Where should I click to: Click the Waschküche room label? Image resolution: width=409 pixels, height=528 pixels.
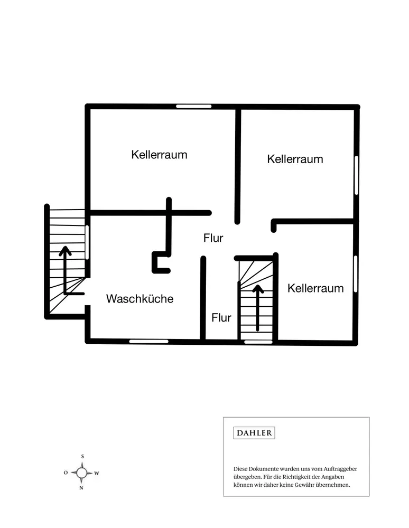click(140, 299)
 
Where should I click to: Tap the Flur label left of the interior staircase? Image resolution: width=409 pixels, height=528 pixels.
click(221, 318)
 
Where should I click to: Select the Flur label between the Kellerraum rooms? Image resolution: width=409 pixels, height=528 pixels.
click(213, 238)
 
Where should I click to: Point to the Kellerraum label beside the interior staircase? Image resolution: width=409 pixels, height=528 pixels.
click(315, 288)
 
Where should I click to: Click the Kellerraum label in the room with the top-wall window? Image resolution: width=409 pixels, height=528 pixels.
click(160, 155)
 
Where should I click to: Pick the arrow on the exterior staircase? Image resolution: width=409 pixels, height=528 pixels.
click(66, 269)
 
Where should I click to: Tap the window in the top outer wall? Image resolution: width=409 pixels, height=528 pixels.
click(193, 107)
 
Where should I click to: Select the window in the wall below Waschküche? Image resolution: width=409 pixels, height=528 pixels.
click(149, 341)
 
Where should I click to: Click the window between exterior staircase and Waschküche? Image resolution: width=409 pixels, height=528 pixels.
click(87, 242)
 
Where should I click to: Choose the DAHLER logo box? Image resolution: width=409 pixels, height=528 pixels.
click(254, 433)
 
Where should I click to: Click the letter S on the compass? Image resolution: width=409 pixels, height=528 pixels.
click(82, 456)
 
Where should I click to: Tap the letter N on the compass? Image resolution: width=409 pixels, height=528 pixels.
click(81, 488)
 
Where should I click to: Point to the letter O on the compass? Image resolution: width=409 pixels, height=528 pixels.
click(66, 473)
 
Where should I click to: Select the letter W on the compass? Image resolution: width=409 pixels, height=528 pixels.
click(97, 473)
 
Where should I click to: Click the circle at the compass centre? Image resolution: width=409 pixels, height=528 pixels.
click(81, 473)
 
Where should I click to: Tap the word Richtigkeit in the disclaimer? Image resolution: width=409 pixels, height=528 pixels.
click(298, 476)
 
